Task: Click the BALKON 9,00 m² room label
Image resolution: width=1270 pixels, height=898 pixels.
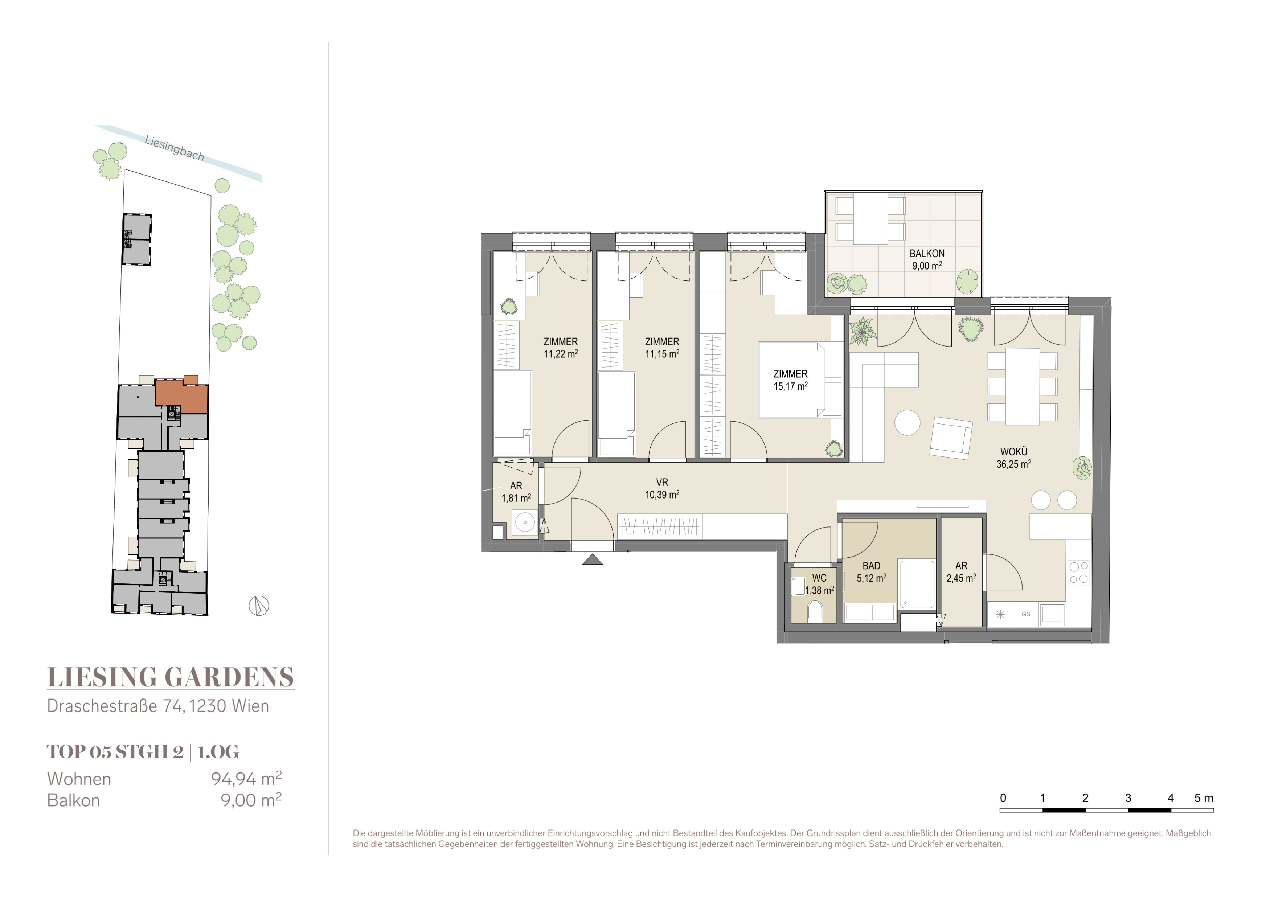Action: [927, 259]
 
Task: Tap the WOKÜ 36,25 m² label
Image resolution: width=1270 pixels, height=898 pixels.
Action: [1013, 458]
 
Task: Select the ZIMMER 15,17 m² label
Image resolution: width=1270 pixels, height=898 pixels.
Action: [790, 380]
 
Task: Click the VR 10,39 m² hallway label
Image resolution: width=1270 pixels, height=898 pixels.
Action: [662, 489]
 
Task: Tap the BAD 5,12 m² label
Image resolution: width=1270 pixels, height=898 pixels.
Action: [871, 572]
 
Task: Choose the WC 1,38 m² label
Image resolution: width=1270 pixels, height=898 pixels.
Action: [819, 584]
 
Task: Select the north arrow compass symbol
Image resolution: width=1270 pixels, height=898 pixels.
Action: [258, 606]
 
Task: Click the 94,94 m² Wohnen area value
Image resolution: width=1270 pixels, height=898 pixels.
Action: [246, 779]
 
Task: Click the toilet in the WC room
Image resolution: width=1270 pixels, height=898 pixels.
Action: [815, 612]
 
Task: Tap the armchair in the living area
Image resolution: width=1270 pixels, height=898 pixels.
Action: [951, 438]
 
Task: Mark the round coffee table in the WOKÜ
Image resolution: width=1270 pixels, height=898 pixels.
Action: [907, 422]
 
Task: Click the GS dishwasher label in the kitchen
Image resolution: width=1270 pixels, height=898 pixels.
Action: [1026, 614]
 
